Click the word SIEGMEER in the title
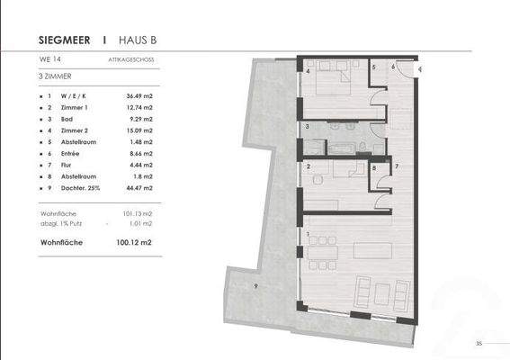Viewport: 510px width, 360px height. (68, 40)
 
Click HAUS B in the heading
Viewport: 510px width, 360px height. (138, 40)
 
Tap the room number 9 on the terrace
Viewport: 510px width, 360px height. (255, 285)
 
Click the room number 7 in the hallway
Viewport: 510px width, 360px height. (396, 168)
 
